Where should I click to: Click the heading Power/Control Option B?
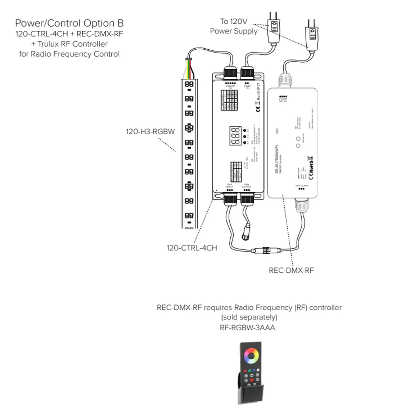[69, 23]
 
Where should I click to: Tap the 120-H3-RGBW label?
[150, 132]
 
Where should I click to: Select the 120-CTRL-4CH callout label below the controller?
[192, 248]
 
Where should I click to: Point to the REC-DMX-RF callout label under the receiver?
[291, 270]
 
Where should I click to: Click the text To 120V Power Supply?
[233, 26]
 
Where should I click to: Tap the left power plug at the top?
[274, 26]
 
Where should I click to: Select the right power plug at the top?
[311, 33]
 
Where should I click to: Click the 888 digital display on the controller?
[236, 136]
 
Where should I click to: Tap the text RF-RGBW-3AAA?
[247, 328]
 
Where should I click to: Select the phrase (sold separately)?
[249, 317]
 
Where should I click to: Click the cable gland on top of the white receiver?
[285, 80]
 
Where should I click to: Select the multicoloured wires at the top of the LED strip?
[189, 68]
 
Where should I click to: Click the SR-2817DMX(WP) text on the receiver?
[276, 159]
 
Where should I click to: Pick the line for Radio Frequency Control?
[69, 54]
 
